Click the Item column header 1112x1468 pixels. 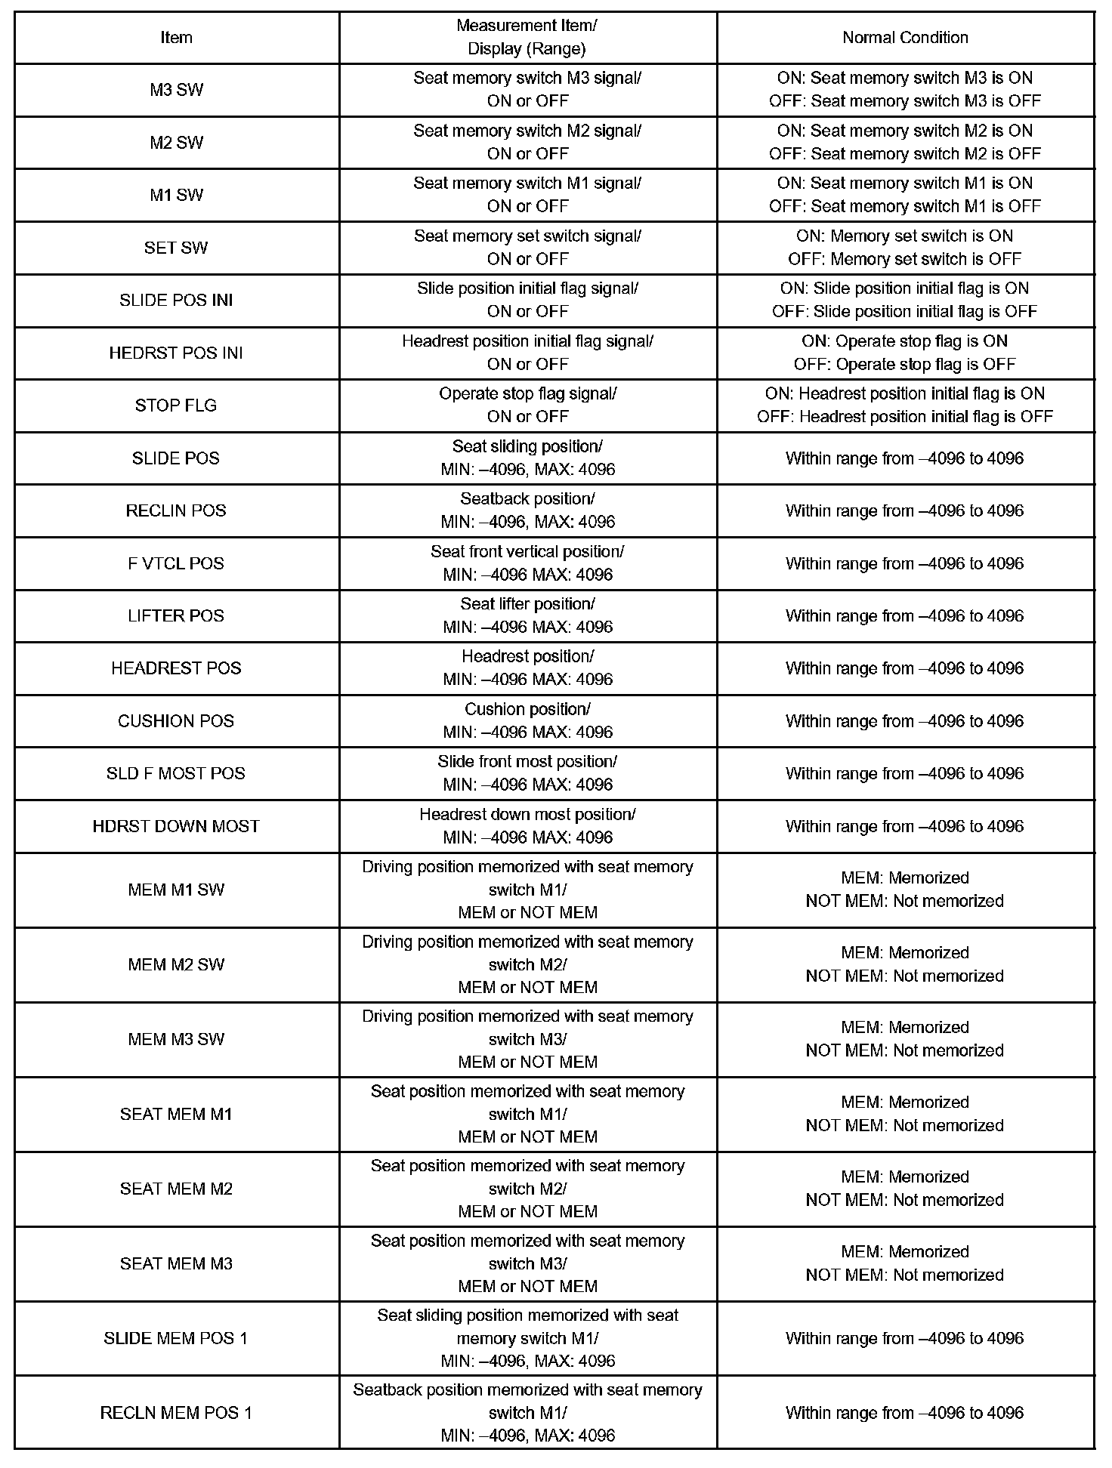click(x=176, y=38)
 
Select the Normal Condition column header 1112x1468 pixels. click(x=905, y=38)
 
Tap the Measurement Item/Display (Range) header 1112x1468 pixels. click(x=527, y=38)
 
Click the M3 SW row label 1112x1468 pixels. click(x=176, y=90)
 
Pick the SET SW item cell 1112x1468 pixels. click(x=176, y=248)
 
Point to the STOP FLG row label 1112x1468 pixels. click(x=176, y=406)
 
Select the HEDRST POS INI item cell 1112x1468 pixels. click(x=176, y=353)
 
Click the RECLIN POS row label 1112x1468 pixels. click(x=176, y=510)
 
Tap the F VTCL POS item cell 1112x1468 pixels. click(x=176, y=563)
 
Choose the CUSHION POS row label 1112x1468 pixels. click(x=176, y=721)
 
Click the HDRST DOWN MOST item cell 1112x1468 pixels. click(x=176, y=826)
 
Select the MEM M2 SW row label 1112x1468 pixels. click(x=176, y=964)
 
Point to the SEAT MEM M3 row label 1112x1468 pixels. click(x=176, y=1263)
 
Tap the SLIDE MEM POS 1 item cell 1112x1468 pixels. click(x=176, y=1338)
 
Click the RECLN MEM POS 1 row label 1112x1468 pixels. click(x=176, y=1413)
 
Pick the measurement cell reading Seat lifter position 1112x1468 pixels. click(x=527, y=615)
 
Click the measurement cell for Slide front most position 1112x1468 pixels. click(x=527, y=773)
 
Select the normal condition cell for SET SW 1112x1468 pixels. click(x=905, y=248)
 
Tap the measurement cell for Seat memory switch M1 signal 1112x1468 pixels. click(x=527, y=195)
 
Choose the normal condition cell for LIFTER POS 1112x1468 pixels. click(x=905, y=615)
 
